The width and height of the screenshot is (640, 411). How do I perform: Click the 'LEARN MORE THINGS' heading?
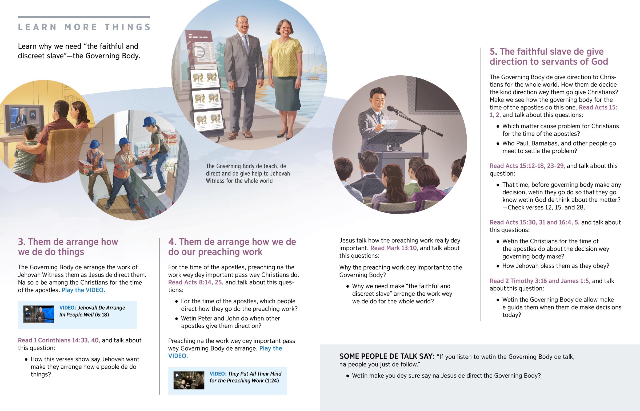pos(85,27)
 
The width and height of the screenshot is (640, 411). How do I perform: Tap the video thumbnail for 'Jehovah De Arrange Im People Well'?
pos(39,314)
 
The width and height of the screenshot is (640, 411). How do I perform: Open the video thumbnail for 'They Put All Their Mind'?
pos(189,380)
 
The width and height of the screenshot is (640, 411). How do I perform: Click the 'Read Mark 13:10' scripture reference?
pos(394,248)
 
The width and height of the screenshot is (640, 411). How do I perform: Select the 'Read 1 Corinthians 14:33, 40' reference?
pos(59,340)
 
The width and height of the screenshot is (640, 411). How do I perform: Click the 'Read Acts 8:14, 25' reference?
pos(196,282)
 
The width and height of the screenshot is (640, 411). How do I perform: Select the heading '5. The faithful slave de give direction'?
pos(549,56)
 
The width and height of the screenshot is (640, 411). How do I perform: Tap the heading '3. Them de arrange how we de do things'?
pos(68,247)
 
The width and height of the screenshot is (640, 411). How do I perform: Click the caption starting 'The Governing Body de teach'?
pos(248,173)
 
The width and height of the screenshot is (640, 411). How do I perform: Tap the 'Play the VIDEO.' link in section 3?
pos(83,290)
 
